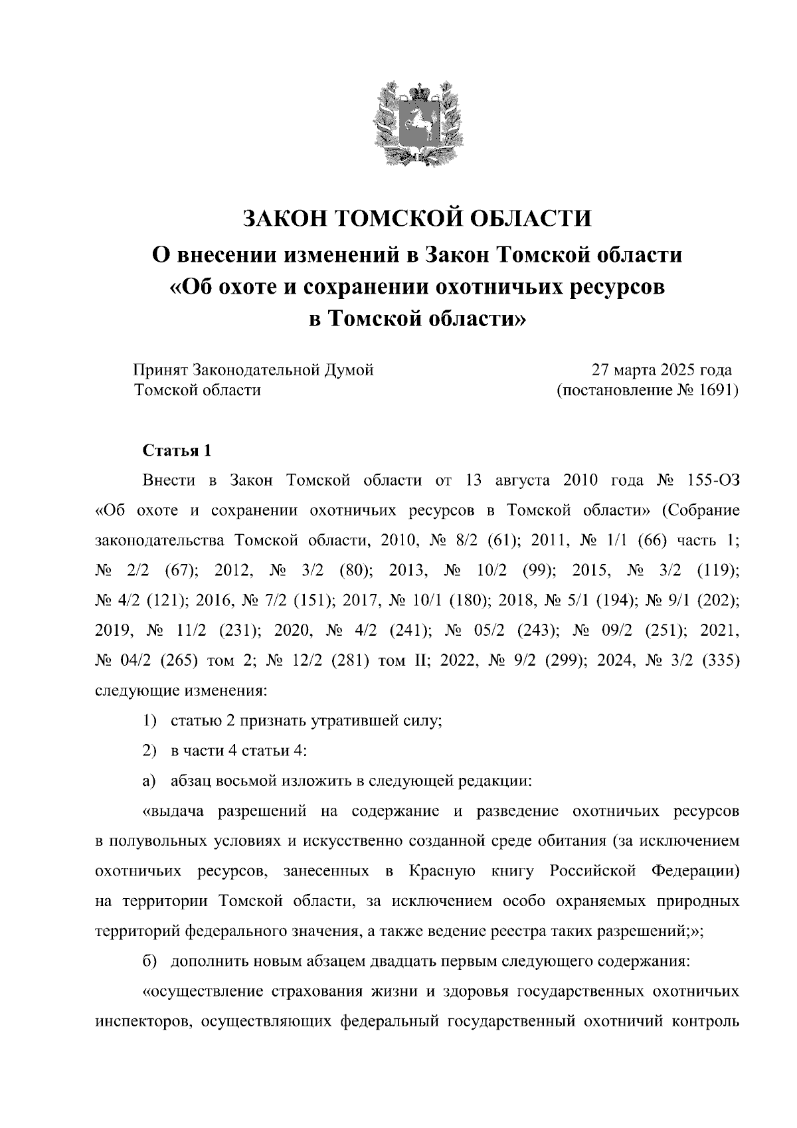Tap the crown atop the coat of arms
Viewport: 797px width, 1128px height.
click(x=417, y=88)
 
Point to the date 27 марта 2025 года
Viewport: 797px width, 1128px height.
click(x=662, y=369)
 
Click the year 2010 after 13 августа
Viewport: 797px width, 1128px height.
click(x=582, y=480)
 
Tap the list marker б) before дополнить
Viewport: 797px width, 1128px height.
click(x=150, y=962)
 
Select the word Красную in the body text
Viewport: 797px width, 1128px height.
click(x=441, y=871)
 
